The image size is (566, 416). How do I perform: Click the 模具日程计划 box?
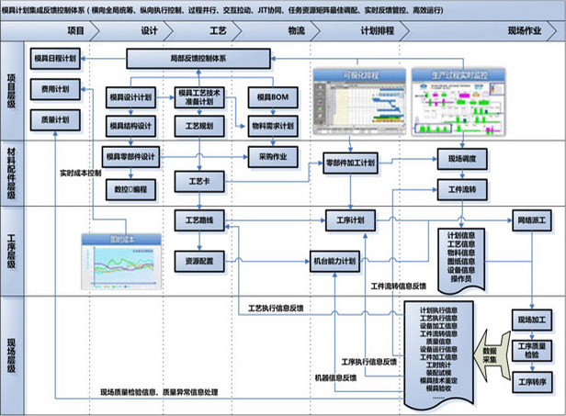click(x=55, y=58)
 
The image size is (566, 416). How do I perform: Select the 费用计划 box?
click(x=47, y=89)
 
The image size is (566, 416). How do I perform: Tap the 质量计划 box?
click(x=47, y=119)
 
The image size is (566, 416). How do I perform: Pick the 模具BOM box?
click(x=272, y=96)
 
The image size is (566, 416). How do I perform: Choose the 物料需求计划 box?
click(x=272, y=126)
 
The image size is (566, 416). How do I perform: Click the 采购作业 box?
click(x=272, y=156)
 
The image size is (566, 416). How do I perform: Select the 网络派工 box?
click(x=534, y=220)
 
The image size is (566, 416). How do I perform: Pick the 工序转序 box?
click(x=533, y=380)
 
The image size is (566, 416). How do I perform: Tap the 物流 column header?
click(x=296, y=30)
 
